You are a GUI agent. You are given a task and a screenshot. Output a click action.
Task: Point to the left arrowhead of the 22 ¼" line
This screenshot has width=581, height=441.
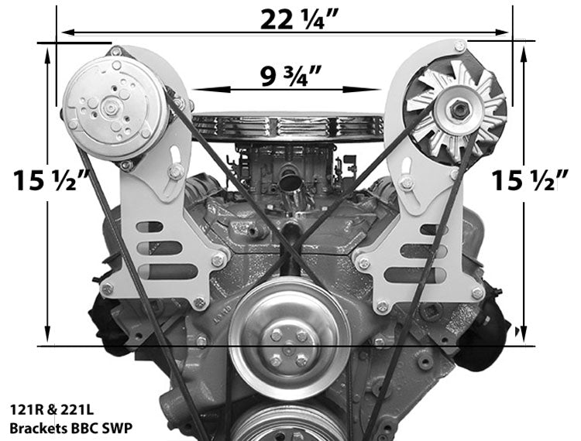66,32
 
